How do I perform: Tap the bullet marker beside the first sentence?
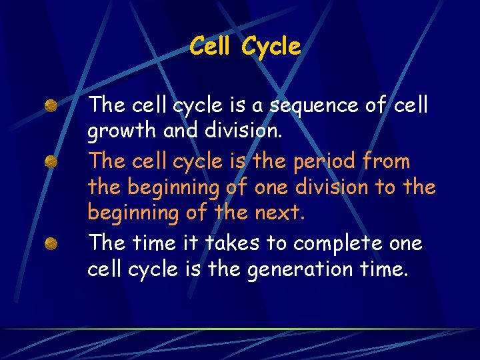pos(51,105)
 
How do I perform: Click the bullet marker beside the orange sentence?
pos(51,162)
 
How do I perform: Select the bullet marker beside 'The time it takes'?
pos(51,244)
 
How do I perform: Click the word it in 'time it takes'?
pos(188,243)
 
